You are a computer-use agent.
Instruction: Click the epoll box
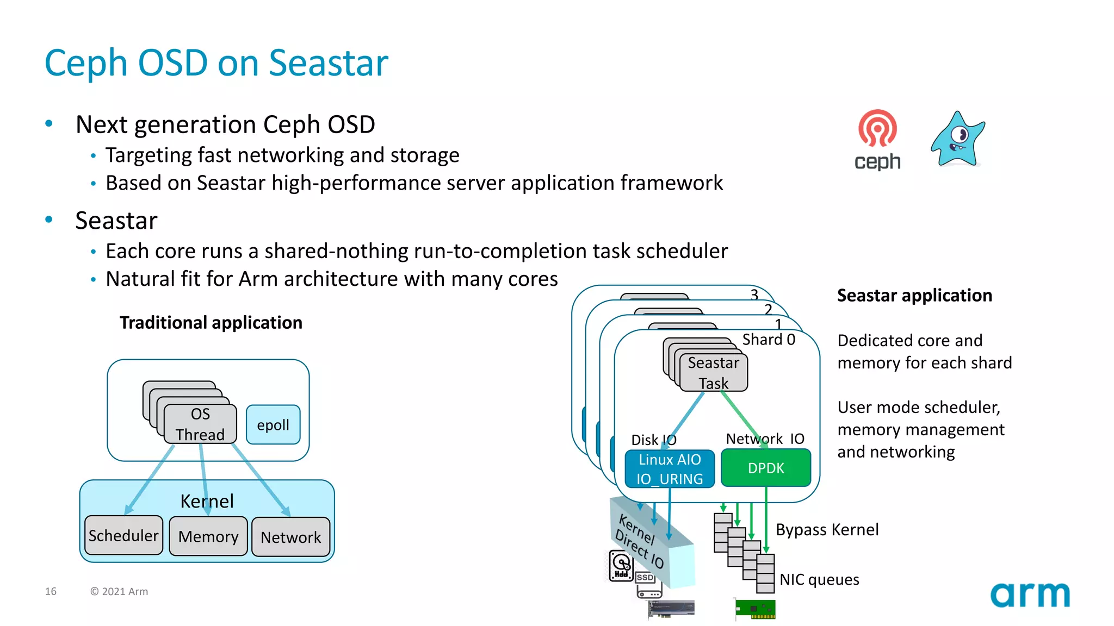[273, 425]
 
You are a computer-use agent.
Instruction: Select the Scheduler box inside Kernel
[123, 536]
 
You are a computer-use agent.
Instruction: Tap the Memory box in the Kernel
[208, 536]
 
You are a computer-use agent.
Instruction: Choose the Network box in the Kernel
[291, 537]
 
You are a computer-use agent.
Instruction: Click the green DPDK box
[766, 468]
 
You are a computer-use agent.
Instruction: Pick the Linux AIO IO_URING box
[670, 469]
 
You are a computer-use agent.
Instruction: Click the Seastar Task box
[713, 373]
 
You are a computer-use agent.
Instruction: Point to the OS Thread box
[200, 424]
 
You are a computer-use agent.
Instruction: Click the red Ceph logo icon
[877, 129]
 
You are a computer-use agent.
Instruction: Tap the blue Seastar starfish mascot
[958, 139]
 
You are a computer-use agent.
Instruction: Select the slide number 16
[51, 591]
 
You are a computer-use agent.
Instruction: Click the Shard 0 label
[769, 340]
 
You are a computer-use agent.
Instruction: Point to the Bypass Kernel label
[827, 529]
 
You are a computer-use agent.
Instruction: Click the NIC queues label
[819, 579]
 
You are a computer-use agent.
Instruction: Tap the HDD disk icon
[621, 566]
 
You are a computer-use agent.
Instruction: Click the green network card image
[756, 609]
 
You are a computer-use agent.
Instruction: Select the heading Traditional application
[211, 323]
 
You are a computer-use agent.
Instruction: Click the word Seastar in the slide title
[329, 63]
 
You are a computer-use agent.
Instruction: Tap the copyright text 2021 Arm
[119, 591]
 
